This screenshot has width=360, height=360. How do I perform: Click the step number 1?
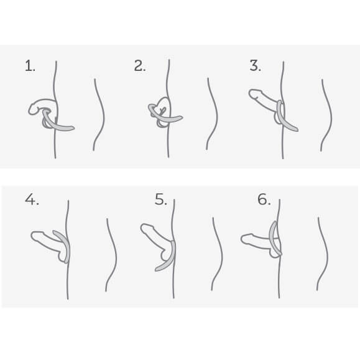[30, 66]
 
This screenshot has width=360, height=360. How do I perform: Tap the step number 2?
[140, 66]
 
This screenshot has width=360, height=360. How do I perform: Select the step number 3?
[255, 66]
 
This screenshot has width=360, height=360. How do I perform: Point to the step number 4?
[32, 200]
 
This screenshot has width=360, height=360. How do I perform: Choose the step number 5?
[160, 200]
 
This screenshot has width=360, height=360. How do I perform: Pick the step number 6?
[264, 200]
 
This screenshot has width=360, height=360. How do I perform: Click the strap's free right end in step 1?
[74, 127]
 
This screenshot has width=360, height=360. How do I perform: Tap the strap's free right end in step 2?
[182, 118]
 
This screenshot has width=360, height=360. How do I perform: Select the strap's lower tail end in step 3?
[297, 130]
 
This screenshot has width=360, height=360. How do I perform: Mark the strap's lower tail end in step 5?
[156, 270]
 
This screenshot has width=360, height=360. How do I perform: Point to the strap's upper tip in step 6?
[274, 222]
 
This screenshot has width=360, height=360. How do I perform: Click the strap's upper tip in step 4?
[54, 232]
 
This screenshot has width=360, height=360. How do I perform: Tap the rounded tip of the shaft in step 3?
[251, 94]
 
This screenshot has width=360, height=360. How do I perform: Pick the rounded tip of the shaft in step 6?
[242, 239]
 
